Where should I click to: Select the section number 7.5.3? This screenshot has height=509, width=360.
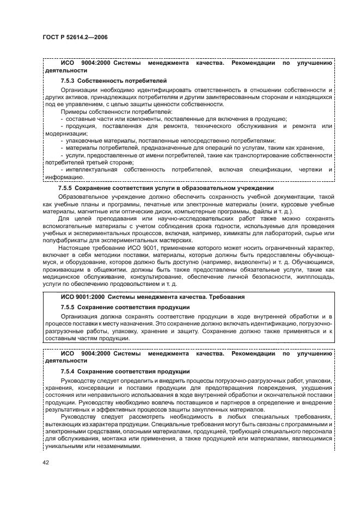point(68,80)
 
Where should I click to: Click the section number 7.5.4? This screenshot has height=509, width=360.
point(68,371)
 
